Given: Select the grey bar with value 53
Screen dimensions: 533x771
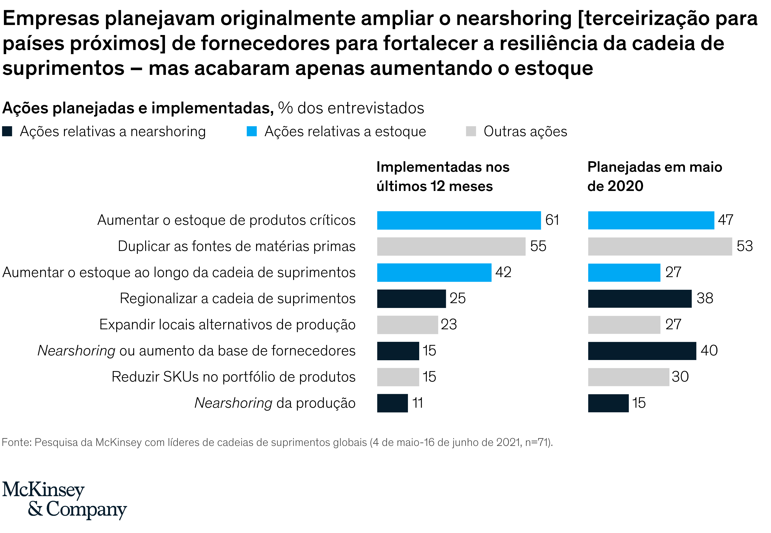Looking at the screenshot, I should pyautogui.click(x=660, y=246).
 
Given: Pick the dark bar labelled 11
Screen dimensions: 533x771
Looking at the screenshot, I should pyautogui.click(x=392, y=403).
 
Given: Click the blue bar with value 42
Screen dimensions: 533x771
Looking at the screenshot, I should pyautogui.click(x=434, y=272).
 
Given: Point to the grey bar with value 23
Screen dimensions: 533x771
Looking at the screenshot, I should pyautogui.click(x=407, y=325).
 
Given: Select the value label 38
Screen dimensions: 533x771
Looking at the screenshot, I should pyautogui.click(x=705, y=298).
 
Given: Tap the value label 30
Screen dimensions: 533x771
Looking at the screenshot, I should pyautogui.click(x=680, y=377).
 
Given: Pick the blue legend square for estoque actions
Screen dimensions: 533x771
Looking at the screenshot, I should pyautogui.click(x=251, y=131).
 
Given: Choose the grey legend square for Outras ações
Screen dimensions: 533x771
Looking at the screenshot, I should pyautogui.click(x=471, y=131).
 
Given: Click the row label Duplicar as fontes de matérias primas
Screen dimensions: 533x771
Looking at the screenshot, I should pyautogui.click(x=237, y=246).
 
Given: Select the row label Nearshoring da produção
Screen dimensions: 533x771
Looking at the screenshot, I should pyautogui.click(x=275, y=403).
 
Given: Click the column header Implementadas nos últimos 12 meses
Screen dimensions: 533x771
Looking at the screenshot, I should pyautogui.click(x=443, y=176).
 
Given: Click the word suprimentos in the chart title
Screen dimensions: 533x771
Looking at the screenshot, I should pyautogui.click(x=64, y=68).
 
